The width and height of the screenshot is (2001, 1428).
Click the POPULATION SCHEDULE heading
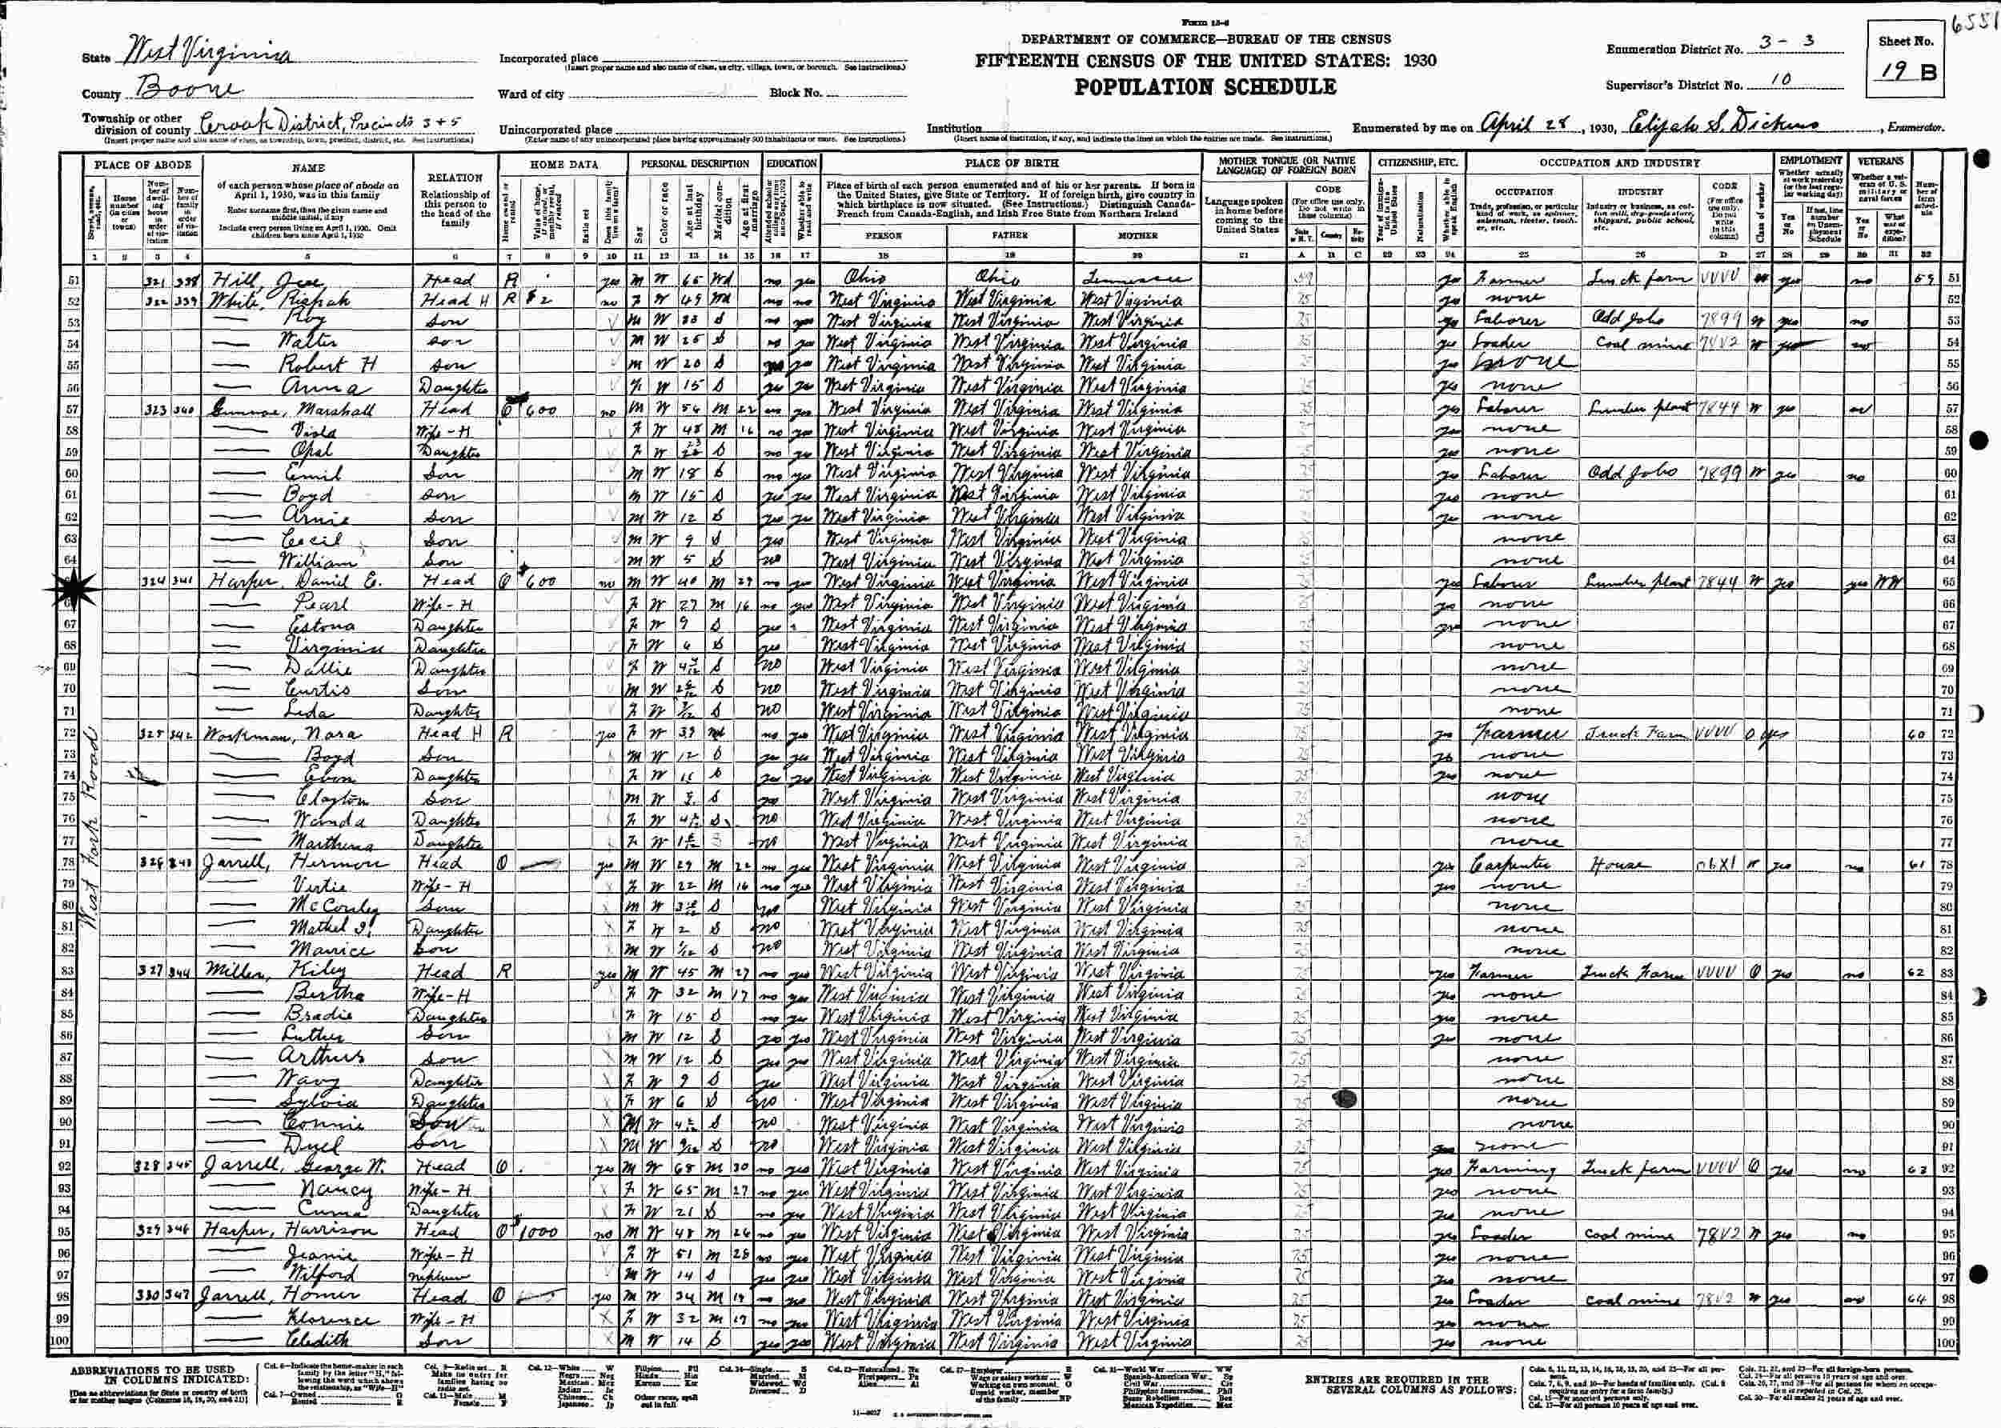click(1204, 87)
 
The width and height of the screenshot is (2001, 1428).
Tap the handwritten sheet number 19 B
click(1903, 73)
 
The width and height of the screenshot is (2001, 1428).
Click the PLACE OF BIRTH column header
click(1012, 163)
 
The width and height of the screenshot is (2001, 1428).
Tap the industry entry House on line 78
click(1611, 864)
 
